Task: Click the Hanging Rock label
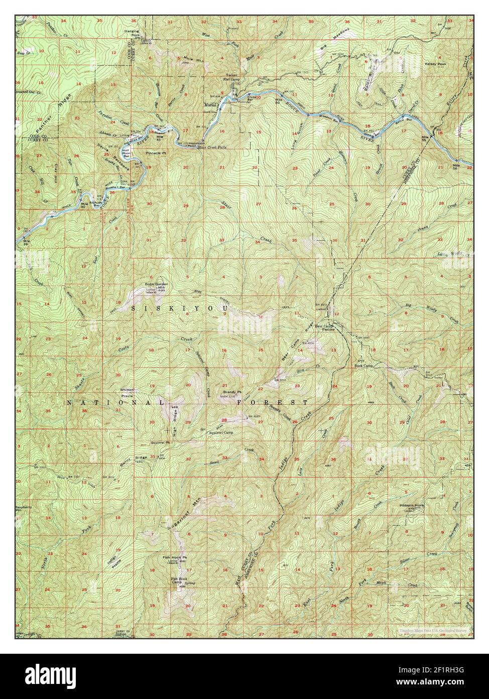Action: coord(132,33)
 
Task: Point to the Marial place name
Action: coord(210,105)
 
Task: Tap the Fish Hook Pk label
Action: coord(175,558)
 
